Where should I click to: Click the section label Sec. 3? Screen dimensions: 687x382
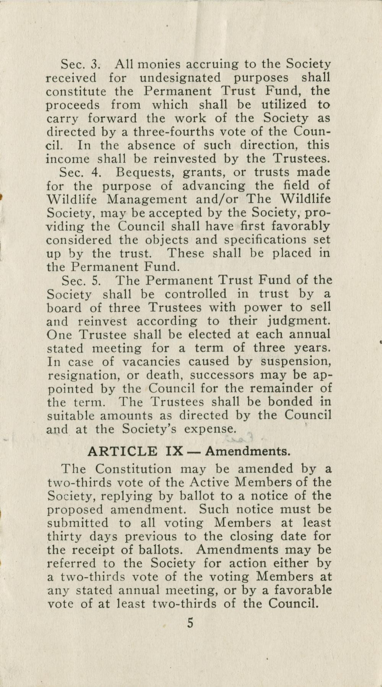pyautogui.click(x=80, y=64)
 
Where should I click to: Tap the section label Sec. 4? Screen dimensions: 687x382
pyautogui.click(x=81, y=172)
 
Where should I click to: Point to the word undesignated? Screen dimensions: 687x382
pyautogui.click(x=180, y=78)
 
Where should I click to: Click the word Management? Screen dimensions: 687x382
pyautogui.click(x=147, y=199)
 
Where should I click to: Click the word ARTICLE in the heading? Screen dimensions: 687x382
pyautogui.click(x=122, y=451)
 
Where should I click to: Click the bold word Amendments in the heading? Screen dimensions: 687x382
pyautogui.click(x=248, y=451)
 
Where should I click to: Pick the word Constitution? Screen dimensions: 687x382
pyautogui.click(x=134, y=469)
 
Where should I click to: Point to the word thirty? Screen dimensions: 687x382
pyautogui.click(x=64, y=536)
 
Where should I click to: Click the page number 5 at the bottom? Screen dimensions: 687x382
pyautogui.click(x=190, y=624)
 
